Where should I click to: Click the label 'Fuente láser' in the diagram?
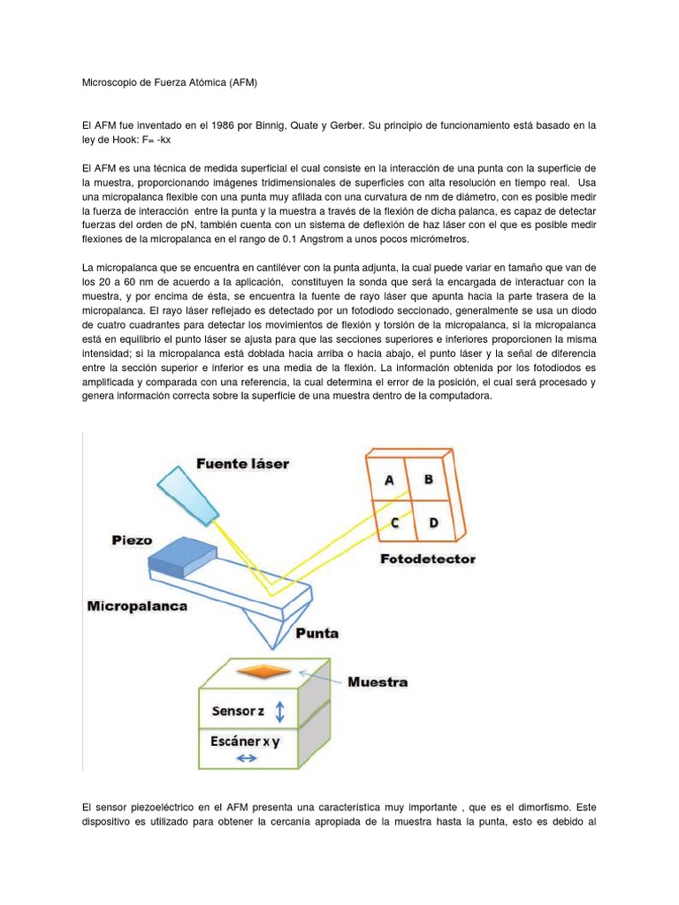coord(242,463)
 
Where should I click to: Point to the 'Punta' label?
coord(317,633)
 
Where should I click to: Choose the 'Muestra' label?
coord(378,682)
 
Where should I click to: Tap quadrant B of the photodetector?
coord(428,479)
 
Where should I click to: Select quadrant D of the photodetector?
coord(433,522)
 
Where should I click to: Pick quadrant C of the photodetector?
coord(395,523)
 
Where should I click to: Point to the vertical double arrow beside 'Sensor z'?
coord(280,711)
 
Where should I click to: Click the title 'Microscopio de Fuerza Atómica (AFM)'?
coord(168,82)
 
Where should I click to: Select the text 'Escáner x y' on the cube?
coord(244,741)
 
